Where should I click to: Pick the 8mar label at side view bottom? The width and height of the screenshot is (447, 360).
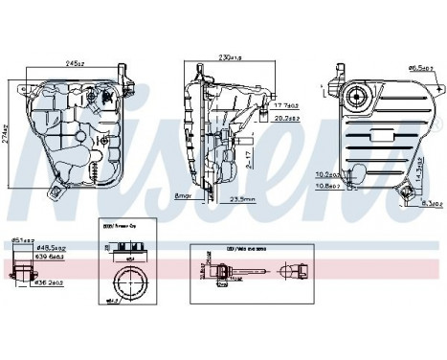click(183, 195)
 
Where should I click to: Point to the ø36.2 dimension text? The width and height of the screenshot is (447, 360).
click(47, 282)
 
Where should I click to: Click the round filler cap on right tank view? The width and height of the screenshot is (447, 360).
click(362, 98)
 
